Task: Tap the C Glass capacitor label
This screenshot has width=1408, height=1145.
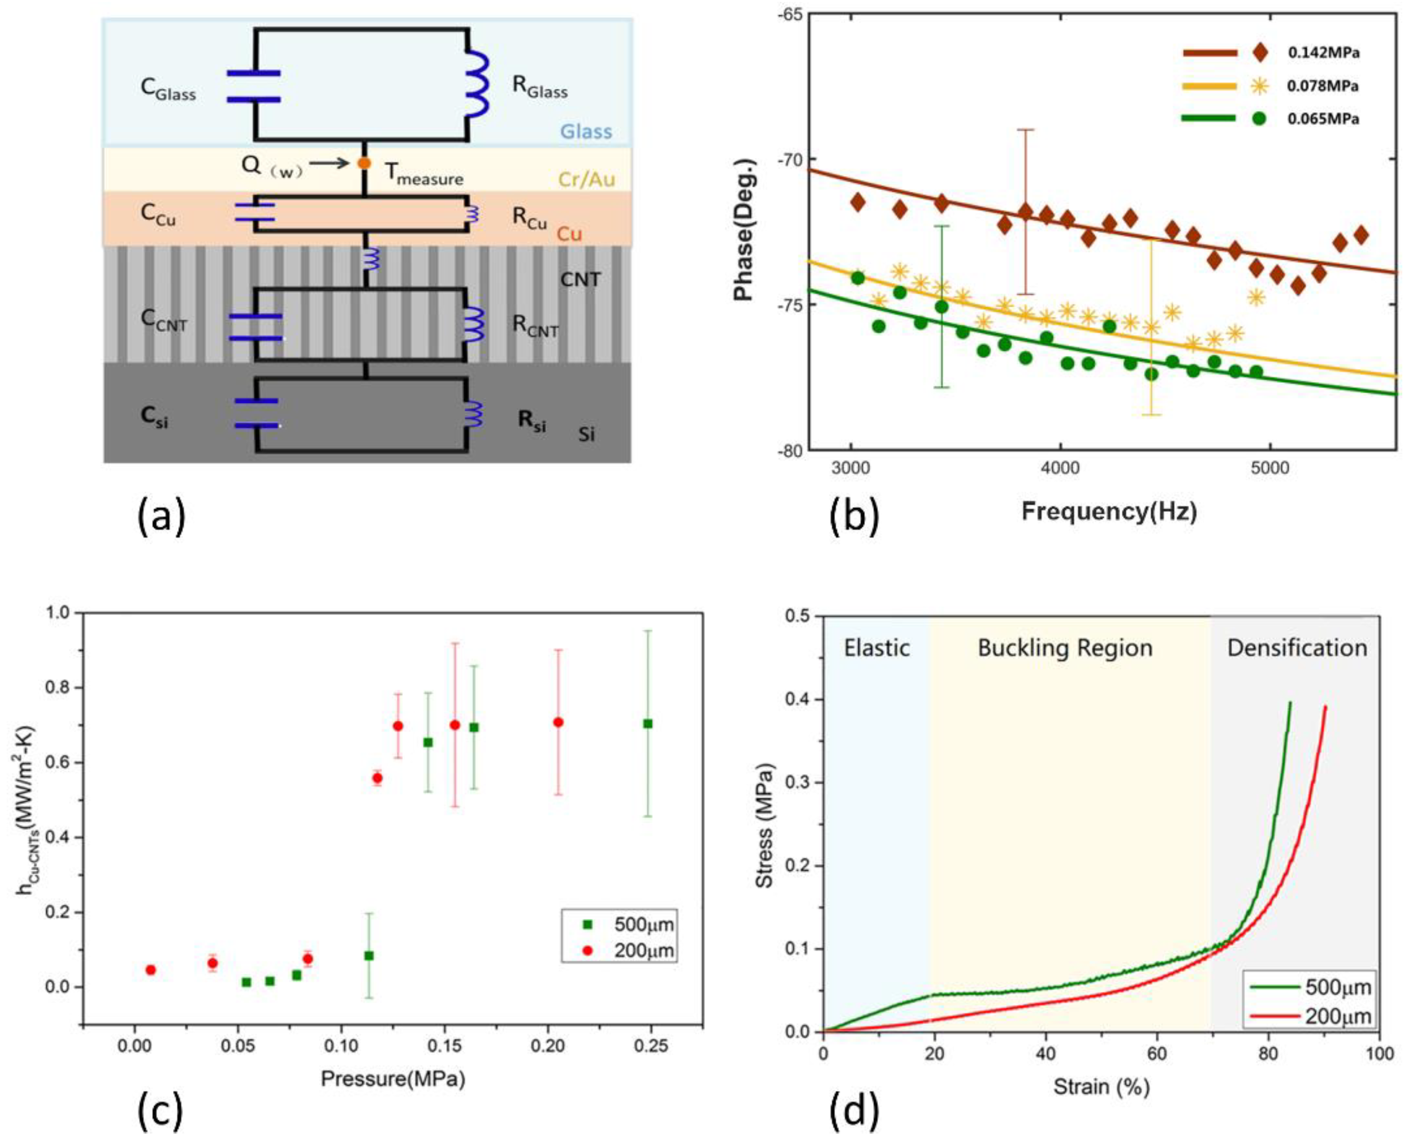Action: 168,88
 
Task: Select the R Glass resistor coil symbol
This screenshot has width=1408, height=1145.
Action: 477,85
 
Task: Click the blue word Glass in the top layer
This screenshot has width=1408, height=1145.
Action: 585,131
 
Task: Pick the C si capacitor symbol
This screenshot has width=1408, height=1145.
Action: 257,413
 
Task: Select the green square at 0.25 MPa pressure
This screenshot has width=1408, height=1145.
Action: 648,724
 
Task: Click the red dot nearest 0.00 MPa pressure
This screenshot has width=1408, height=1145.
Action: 151,970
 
